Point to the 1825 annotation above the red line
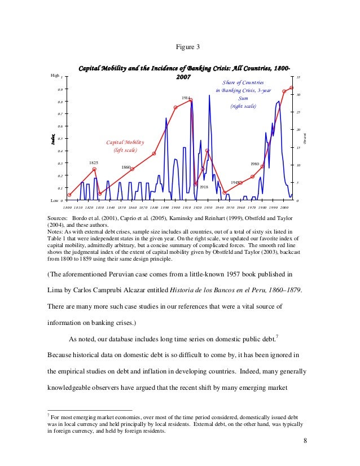click(94, 162)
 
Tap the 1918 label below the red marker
click(204, 187)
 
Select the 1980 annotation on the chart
click(254, 164)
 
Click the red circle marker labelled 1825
click(94, 169)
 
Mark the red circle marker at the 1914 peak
click(191, 100)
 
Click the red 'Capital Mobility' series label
click(125, 143)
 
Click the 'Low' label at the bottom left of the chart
click(54, 200)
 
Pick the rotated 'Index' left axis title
click(52, 139)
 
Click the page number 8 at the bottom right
click(305, 441)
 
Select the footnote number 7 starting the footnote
click(48, 415)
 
